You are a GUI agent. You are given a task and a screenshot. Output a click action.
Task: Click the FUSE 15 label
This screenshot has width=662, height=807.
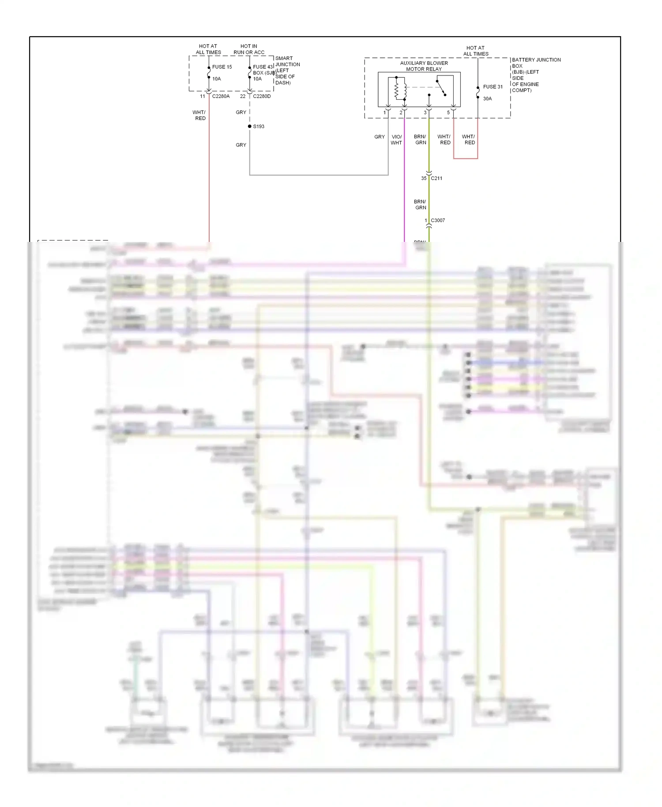pos(222,67)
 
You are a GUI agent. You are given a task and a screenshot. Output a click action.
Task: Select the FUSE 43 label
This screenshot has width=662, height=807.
pos(263,67)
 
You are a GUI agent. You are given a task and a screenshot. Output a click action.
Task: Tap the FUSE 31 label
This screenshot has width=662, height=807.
pos(493,87)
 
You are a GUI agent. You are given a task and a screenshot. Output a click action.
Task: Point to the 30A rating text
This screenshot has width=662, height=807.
pos(487,98)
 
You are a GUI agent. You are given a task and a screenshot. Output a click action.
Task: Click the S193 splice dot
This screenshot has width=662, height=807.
pos(250,126)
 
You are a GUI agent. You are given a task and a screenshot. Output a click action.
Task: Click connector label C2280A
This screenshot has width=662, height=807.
pos(221,96)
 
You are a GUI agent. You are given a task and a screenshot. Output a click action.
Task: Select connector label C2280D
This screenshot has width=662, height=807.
pos(262,96)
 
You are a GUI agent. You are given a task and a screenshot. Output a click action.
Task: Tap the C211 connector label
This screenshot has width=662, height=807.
pos(436,178)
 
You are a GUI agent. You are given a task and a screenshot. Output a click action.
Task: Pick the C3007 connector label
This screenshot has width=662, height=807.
pos(438,220)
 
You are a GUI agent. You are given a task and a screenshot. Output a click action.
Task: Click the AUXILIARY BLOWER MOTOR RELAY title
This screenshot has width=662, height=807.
pos(424,66)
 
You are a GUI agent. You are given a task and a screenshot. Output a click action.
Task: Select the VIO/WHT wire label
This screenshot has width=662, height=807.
pos(396,140)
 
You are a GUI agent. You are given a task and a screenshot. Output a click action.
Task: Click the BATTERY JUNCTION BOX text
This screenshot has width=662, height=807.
pos(536,63)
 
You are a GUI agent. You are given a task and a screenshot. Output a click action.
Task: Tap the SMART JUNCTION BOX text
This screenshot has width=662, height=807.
pos(287,64)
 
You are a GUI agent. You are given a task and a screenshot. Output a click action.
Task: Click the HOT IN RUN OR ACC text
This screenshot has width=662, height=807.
pos(249,49)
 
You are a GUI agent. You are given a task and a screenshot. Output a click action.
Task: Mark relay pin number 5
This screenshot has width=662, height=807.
pos(448,113)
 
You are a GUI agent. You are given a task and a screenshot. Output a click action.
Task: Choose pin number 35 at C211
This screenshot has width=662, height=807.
pos(424,178)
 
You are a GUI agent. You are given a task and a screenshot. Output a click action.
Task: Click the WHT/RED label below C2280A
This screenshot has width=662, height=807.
pos(199,115)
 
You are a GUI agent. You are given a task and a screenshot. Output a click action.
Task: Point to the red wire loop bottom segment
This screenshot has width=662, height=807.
pos(466,158)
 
